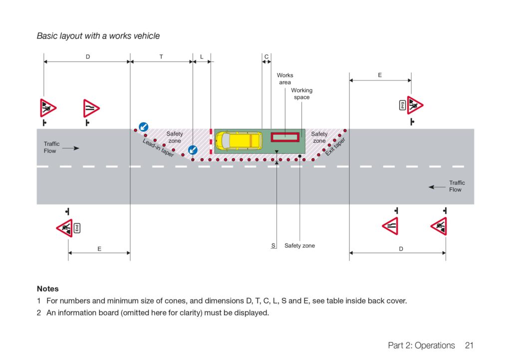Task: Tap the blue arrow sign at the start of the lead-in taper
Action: [143, 126]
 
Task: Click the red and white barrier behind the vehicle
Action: [211, 141]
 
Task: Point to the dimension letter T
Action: [161, 57]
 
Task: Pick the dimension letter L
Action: [202, 57]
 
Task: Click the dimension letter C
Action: [266, 57]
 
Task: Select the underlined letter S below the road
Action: [273, 246]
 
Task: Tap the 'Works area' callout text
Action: [285, 78]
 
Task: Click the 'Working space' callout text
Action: [302, 93]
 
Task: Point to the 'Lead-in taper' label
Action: [158, 148]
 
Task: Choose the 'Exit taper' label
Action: [335, 147]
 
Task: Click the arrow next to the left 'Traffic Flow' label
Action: [71, 148]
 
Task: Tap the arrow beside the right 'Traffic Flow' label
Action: [437, 187]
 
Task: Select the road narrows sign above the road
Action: [91, 108]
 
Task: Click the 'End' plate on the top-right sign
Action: [403, 105]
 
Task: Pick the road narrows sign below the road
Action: [390, 226]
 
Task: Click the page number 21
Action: [469, 346]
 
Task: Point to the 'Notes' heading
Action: [47, 289]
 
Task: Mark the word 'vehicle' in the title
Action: [147, 36]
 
